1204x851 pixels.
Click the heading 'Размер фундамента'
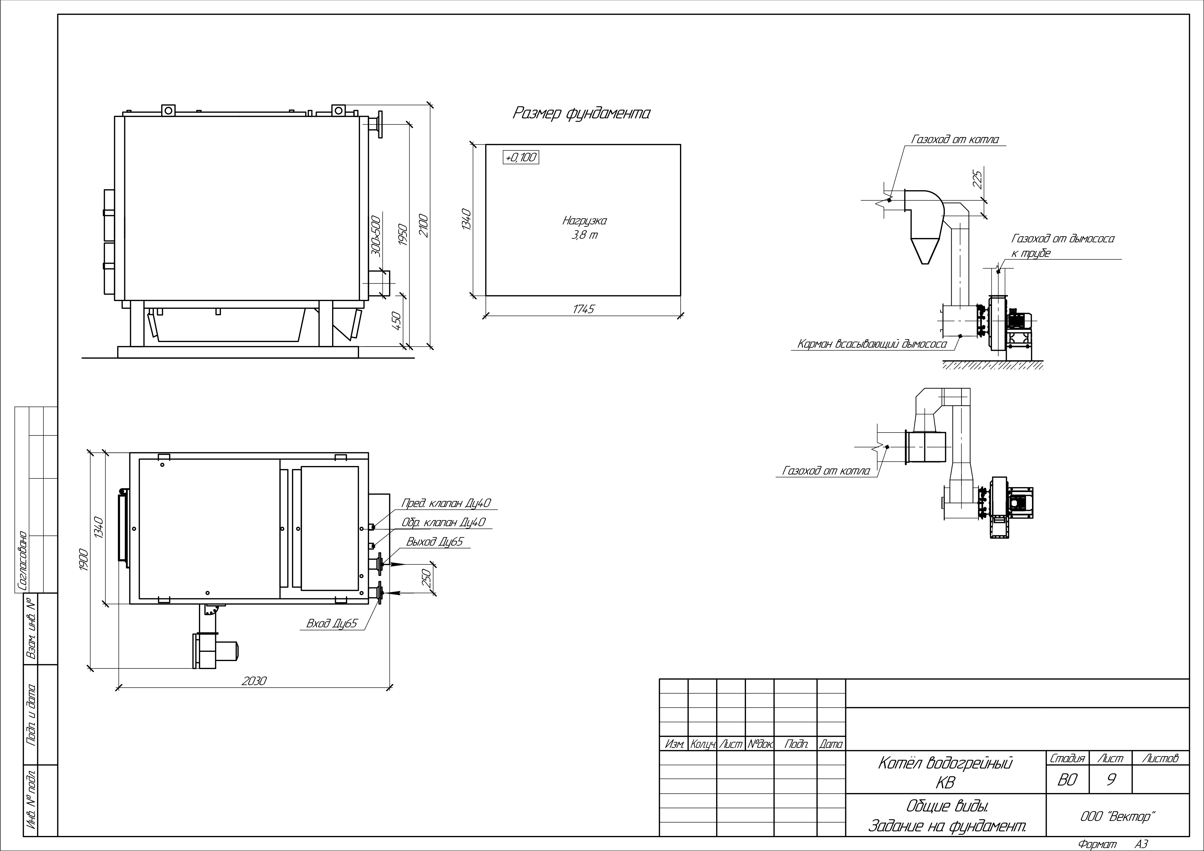click(581, 113)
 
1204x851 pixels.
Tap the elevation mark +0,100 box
click(521, 157)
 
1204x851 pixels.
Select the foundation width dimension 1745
click(583, 309)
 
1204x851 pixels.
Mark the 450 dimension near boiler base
click(396, 320)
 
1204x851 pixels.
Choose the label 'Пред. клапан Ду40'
click(446, 503)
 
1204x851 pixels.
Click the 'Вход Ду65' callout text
click(332, 623)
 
